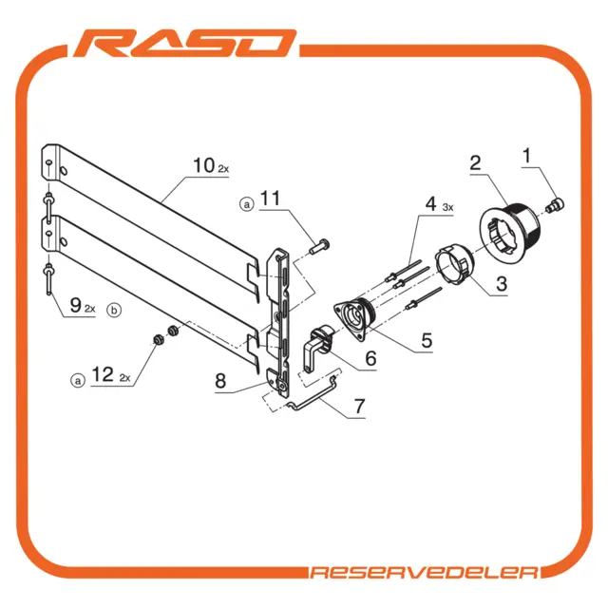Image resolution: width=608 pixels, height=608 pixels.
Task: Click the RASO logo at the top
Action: click(185, 44)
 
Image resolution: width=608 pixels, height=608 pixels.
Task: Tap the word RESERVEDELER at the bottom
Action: click(424, 573)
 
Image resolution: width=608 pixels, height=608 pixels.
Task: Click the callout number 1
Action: click(526, 156)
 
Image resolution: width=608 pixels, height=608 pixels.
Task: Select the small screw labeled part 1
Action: click(555, 204)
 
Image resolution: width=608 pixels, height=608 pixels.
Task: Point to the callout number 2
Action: click(475, 162)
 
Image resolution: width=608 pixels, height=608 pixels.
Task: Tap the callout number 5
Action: click(427, 340)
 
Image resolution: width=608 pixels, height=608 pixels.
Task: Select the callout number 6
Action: click(371, 358)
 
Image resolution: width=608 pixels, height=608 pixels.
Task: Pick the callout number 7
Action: click(359, 406)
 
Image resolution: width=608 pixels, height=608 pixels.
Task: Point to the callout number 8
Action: click(220, 381)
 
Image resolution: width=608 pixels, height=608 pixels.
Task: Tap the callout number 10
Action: click(204, 165)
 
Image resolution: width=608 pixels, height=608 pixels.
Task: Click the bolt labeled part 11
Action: click(320, 247)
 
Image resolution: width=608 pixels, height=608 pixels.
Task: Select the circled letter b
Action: click(114, 311)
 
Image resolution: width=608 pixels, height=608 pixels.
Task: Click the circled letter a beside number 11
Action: click(247, 204)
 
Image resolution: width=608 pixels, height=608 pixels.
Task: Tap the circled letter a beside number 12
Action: click(78, 380)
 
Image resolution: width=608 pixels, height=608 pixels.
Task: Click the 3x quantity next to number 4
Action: click(447, 207)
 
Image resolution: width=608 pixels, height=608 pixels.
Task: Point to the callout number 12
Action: click(103, 374)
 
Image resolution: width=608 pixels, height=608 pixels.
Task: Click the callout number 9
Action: click(75, 305)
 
